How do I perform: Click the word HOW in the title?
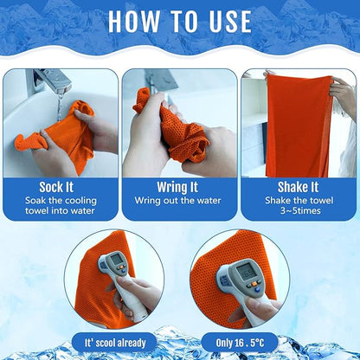pos(133,22)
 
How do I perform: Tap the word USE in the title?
pos(230,22)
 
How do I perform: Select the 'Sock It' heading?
pos(56,187)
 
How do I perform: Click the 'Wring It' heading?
pos(177,187)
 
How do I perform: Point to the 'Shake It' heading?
pos(298,187)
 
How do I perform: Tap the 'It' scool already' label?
pos(115,343)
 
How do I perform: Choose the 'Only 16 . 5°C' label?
pos(240,343)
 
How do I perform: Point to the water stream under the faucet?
pos(60,106)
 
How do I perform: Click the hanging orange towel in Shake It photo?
pos(299,125)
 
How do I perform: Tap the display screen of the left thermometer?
pos(117,260)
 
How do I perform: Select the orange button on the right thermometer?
pos(254,284)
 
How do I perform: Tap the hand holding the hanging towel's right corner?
pos(344,93)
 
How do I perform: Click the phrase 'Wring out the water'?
pos(177,201)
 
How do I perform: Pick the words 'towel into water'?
pos(60,210)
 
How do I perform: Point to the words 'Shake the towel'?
pos(299,201)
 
